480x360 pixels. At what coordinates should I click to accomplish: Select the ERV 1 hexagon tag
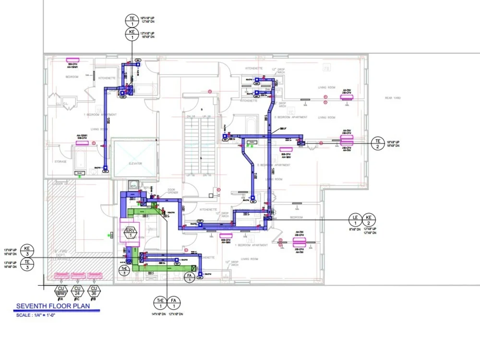[x=130, y=233]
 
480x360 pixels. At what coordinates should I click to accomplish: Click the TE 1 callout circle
[x=132, y=20]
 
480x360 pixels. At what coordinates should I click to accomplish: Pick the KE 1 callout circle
[x=132, y=34]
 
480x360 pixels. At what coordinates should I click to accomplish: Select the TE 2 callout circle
[x=378, y=143]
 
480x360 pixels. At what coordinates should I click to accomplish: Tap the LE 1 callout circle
[x=355, y=220]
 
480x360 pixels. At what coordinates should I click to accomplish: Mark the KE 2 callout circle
[x=369, y=220]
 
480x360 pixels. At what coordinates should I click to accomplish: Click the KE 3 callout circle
[x=27, y=250]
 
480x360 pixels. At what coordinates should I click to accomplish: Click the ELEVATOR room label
[x=135, y=164]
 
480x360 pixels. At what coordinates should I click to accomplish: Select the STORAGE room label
[x=60, y=162]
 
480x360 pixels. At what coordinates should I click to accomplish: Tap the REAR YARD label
[x=392, y=98]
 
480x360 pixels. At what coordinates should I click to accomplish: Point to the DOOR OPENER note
[x=172, y=191]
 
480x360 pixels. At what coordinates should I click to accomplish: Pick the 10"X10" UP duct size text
[x=147, y=18]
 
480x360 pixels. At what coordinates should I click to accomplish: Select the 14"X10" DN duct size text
[x=159, y=314]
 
